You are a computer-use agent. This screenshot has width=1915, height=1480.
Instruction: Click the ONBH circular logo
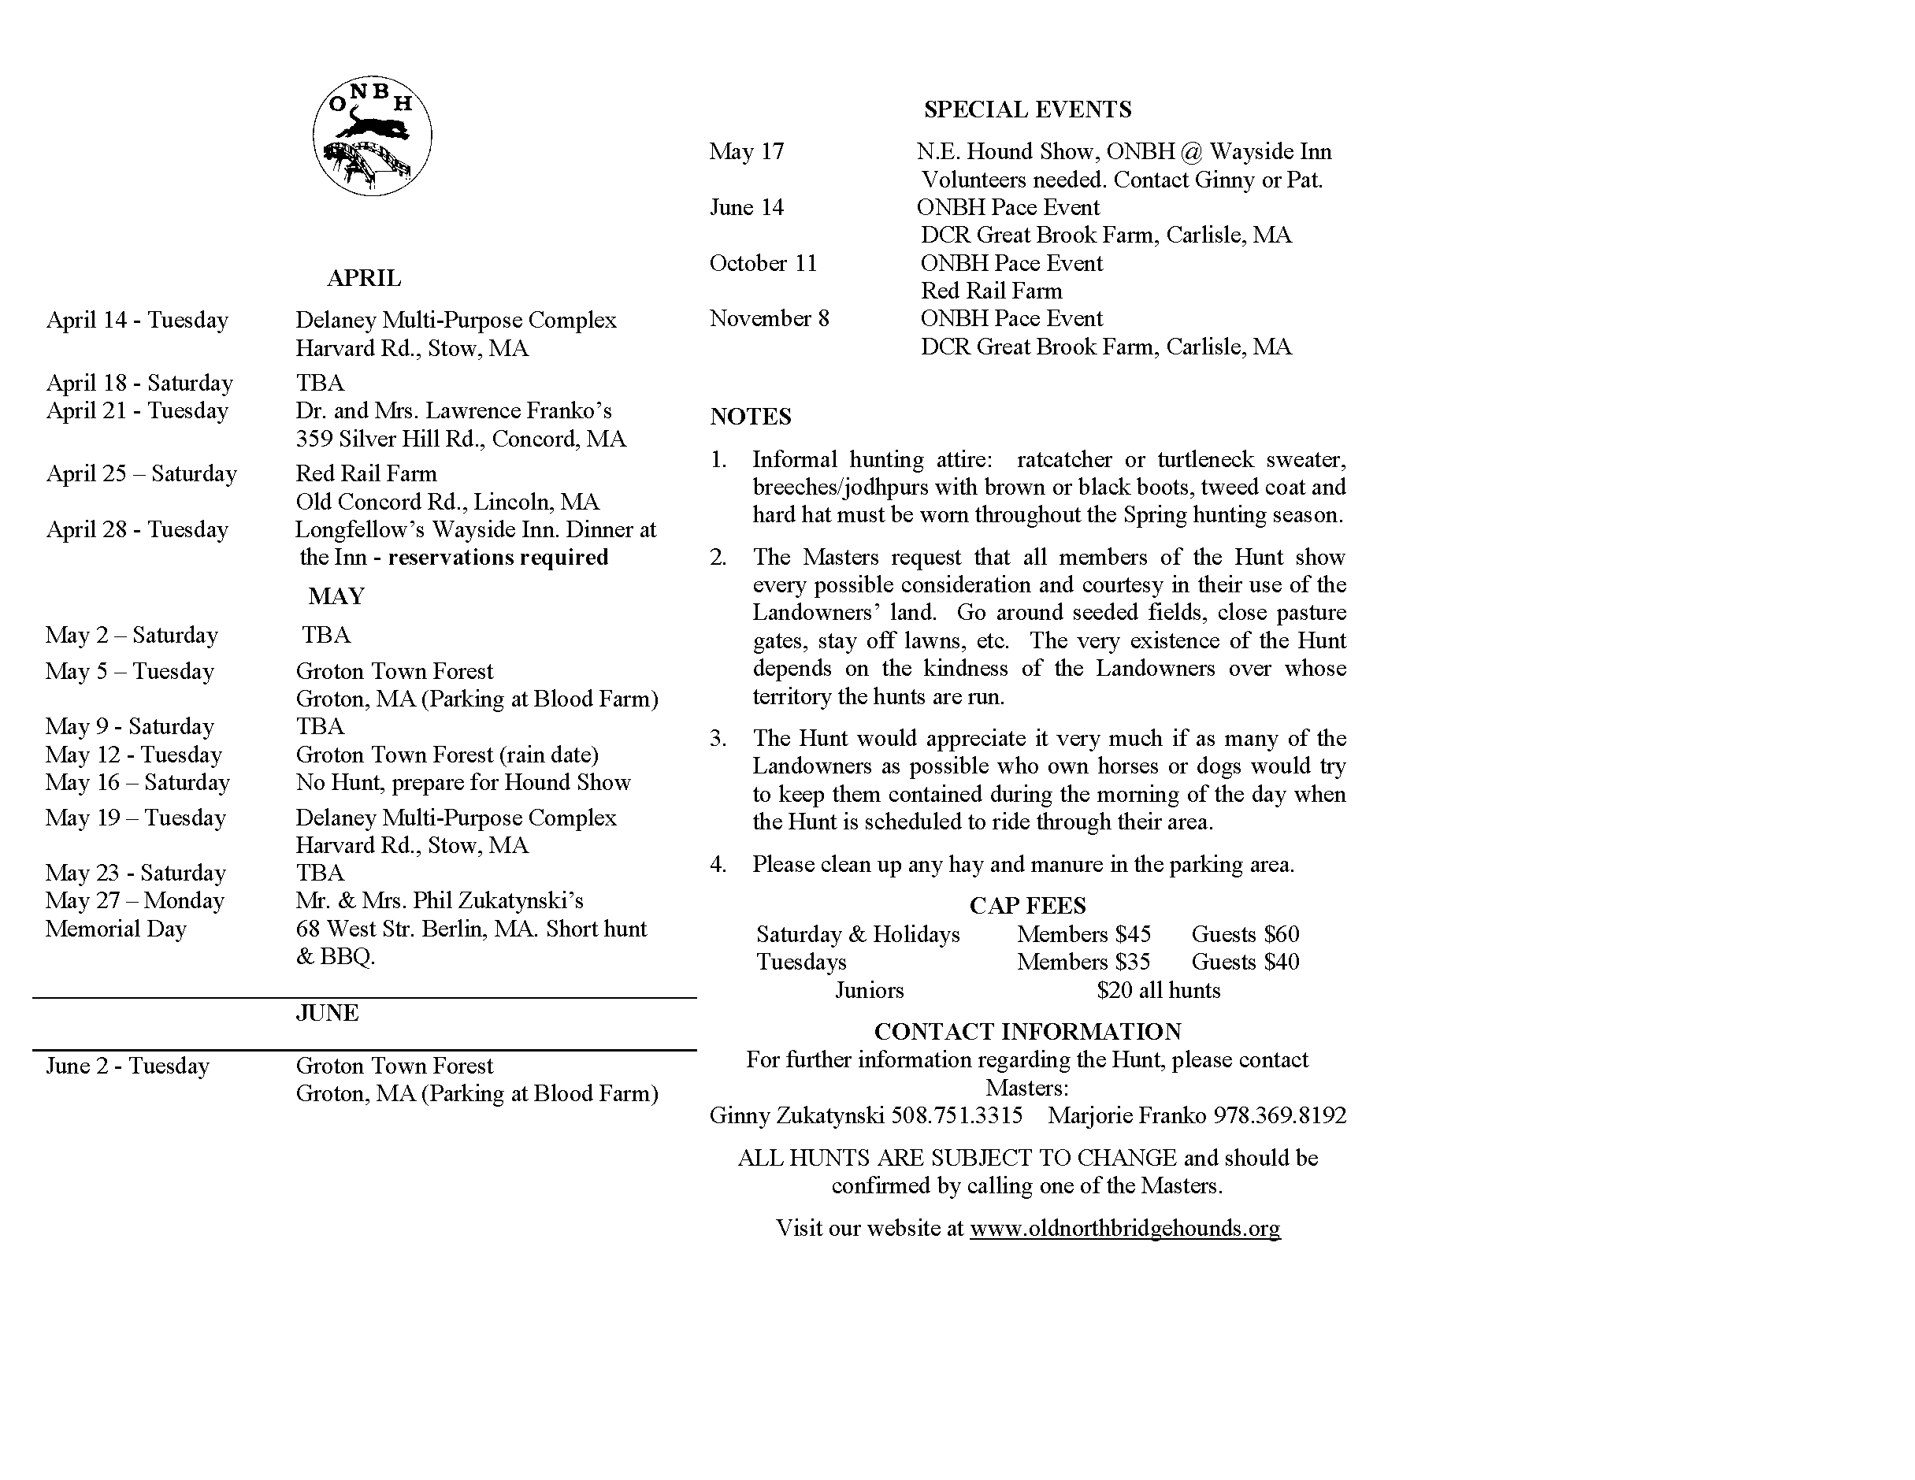pos(372,137)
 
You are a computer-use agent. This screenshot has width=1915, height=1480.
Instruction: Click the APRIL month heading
pos(364,278)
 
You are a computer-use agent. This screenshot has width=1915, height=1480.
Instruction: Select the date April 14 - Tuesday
pos(138,320)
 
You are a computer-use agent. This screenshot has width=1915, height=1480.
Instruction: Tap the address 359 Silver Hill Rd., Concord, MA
pos(460,439)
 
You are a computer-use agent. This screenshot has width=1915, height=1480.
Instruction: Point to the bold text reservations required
pos(498,558)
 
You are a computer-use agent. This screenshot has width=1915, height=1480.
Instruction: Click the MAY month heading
pos(336,596)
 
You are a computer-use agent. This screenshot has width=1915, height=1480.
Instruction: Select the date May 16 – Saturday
pos(138,782)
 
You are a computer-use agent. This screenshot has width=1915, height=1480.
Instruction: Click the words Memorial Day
pos(116,929)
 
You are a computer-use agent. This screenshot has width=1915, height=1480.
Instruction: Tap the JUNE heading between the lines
pos(327,1013)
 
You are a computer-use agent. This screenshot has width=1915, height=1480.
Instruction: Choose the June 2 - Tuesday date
pos(128,1066)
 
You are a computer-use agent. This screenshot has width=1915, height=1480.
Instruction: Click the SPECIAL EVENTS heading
pos(1028,109)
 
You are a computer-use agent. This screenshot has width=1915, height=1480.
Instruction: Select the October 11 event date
pos(763,263)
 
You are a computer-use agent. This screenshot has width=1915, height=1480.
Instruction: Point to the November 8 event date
pos(769,318)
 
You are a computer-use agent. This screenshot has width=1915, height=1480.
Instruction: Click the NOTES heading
pos(751,417)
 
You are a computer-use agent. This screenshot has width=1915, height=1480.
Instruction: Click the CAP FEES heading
pos(1028,906)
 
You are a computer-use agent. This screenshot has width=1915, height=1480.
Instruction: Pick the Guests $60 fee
pos(1245,935)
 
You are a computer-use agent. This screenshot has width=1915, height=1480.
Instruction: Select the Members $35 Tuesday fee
pos(1084,962)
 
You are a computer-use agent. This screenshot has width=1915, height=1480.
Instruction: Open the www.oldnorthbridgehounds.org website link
pos(1125,1229)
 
